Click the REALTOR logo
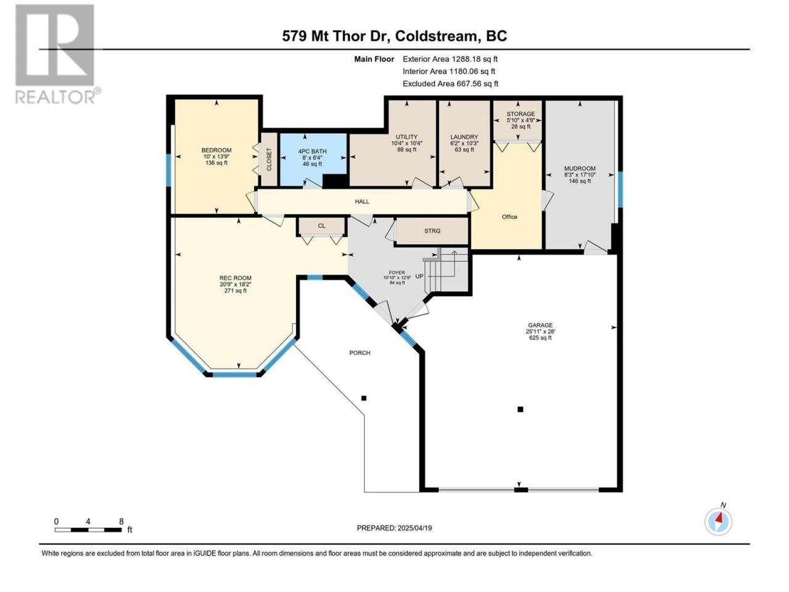point(57,54)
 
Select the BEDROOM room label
point(216,150)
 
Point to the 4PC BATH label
point(312,152)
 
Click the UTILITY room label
point(407,137)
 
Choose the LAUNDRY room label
point(464,137)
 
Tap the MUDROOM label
point(579,168)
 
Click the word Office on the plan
point(509,216)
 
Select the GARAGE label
point(540,325)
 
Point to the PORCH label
point(359,353)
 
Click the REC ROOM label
point(235,278)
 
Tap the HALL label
point(362,202)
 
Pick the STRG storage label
point(432,231)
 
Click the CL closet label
point(321,226)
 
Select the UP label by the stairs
point(420,276)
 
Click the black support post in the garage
point(520,409)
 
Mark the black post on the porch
point(364,398)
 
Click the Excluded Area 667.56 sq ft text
point(451,84)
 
